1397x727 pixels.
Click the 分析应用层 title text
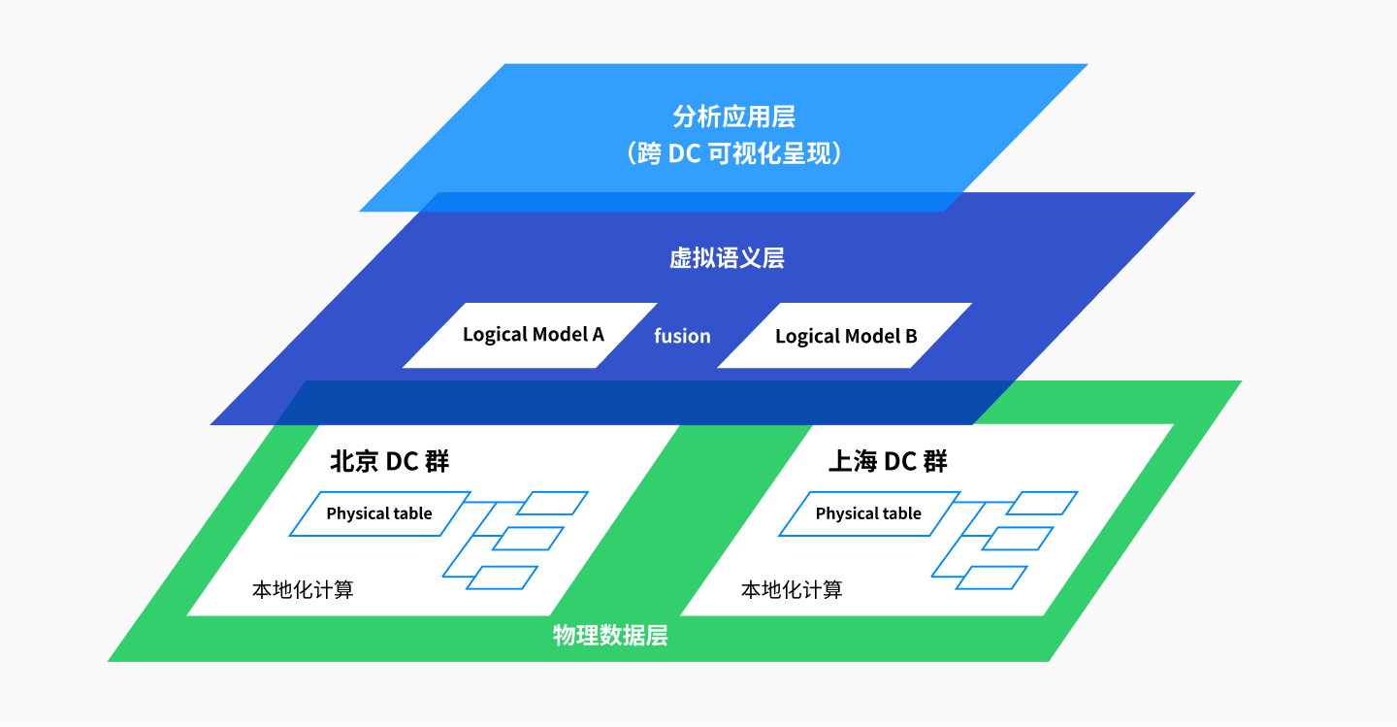733,117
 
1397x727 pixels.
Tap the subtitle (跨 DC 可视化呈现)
733,153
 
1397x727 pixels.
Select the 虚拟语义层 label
727,258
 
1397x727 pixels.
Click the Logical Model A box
532,335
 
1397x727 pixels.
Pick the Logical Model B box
845,336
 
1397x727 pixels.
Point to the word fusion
682,336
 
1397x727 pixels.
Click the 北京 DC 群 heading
389,462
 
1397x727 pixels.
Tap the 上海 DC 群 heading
887,462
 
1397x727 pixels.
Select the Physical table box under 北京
379,513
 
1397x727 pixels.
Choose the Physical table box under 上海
868,513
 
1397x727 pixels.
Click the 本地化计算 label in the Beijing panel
303,589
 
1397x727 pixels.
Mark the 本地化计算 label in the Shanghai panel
792,589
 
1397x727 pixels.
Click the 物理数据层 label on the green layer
610,637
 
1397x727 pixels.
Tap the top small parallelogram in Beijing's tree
552,503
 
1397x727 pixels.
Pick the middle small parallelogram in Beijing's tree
528,539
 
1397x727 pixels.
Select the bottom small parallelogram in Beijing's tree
503,578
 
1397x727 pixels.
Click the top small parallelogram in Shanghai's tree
1042,503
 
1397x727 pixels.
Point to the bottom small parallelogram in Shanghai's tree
991,578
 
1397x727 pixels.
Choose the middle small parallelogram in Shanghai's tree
1018,539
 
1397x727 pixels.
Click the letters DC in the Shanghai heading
900,462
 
